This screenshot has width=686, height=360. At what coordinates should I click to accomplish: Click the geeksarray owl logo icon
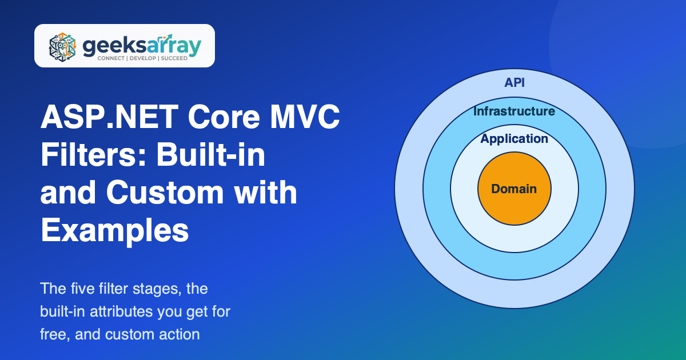click(x=62, y=46)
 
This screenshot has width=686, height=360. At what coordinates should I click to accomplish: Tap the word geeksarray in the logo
click(x=142, y=46)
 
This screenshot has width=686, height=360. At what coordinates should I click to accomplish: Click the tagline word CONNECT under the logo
click(x=111, y=58)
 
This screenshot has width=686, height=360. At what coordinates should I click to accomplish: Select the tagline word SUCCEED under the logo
click(x=174, y=58)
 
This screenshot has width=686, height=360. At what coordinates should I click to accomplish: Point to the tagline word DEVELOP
click(x=143, y=58)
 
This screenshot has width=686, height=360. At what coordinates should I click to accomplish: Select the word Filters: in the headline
click(x=94, y=155)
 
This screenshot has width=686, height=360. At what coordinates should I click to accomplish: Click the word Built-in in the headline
click(x=211, y=155)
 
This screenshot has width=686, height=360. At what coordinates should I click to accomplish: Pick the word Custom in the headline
click(x=165, y=193)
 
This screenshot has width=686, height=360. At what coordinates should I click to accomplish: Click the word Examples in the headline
click(x=114, y=231)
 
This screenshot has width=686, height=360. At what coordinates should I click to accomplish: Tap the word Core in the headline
click(x=224, y=117)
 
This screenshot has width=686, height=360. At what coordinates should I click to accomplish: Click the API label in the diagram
click(x=514, y=83)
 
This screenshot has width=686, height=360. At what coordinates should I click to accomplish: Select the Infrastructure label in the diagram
click(x=514, y=111)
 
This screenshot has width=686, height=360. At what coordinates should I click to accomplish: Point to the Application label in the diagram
click(x=514, y=139)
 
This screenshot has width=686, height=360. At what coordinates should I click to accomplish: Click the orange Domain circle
click(x=514, y=189)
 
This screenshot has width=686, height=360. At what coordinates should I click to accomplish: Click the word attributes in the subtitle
click(x=121, y=311)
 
